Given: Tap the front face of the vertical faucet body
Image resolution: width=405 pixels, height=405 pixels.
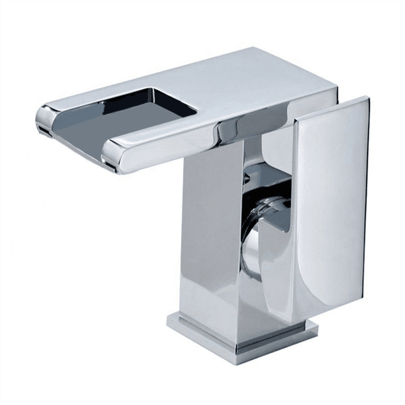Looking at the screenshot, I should coord(209,240).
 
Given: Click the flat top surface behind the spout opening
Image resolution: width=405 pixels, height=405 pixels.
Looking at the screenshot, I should coord(253,82).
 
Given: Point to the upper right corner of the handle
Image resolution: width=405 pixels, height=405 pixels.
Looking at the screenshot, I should coord(365,100).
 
